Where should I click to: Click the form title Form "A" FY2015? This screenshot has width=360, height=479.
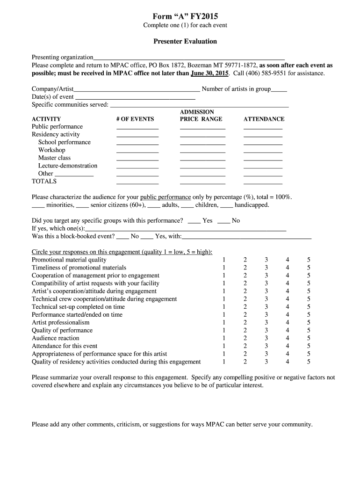click(x=185, y=16)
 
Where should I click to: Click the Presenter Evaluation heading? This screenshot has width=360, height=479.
click(x=185, y=41)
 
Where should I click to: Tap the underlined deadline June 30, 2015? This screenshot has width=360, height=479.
click(x=209, y=74)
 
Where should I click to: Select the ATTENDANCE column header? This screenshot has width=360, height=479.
click(x=264, y=119)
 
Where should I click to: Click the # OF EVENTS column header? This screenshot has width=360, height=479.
click(x=135, y=119)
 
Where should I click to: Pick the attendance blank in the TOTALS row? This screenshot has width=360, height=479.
click(x=263, y=183)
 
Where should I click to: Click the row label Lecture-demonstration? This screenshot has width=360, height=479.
click(x=68, y=166)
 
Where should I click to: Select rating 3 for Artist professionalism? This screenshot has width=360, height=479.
click(x=266, y=323)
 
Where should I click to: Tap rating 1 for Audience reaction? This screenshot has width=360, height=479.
click(x=224, y=338)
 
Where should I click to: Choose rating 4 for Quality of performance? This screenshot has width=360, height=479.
click(x=288, y=330)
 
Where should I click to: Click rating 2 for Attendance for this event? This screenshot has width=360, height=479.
click(x=245, y=346)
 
